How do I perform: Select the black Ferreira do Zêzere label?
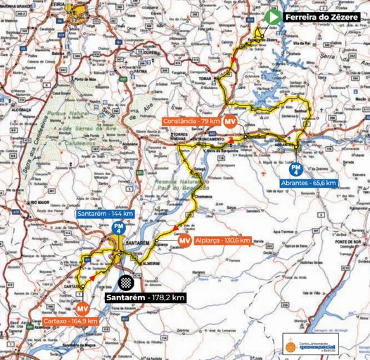321,18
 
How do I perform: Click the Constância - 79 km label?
191,121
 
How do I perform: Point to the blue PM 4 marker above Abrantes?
296,169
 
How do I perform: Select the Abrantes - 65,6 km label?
308,183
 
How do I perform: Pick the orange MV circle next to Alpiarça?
184,241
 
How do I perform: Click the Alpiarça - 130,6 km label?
222,241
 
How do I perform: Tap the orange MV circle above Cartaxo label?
81,309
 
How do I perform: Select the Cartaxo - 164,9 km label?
70,321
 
